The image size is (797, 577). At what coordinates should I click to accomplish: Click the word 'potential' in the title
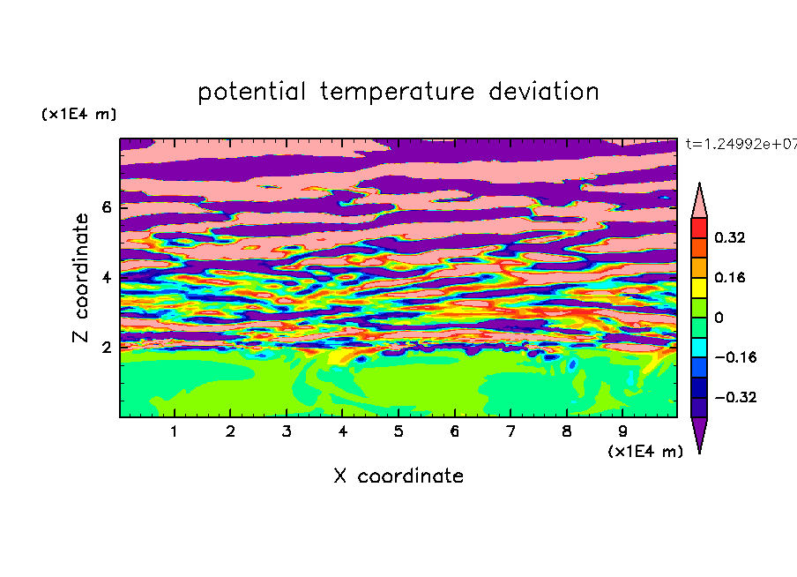(251, 92)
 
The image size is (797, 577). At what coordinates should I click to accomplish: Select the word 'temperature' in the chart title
(398, 92)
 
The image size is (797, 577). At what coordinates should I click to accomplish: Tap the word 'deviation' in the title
(544, 92)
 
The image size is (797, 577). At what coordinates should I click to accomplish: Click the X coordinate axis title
(398, 476)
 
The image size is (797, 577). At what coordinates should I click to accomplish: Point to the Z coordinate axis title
(80, 278)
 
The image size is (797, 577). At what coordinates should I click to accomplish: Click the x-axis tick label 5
(398, 431)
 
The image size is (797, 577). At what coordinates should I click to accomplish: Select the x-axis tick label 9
(622, 431)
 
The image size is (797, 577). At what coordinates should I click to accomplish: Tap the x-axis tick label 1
(174, 431)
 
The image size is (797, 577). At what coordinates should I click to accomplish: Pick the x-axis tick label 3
(287, 431)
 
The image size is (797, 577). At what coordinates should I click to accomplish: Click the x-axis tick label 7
(510, 431)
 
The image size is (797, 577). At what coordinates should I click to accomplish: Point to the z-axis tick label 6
(107, 207)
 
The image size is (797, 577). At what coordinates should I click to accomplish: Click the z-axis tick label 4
(107, 277)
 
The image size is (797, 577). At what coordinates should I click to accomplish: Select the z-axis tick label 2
(107, 348)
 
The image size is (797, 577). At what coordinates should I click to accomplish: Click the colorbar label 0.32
(729, 237)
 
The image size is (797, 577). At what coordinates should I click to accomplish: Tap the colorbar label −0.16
(735, 357)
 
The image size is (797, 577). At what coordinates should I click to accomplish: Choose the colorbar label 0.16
(729, 277)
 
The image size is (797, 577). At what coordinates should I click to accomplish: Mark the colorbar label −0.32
(735, 397)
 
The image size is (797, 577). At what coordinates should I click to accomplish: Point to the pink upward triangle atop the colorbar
(699, 203)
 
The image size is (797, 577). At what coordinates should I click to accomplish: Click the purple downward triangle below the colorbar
(699, 431)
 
